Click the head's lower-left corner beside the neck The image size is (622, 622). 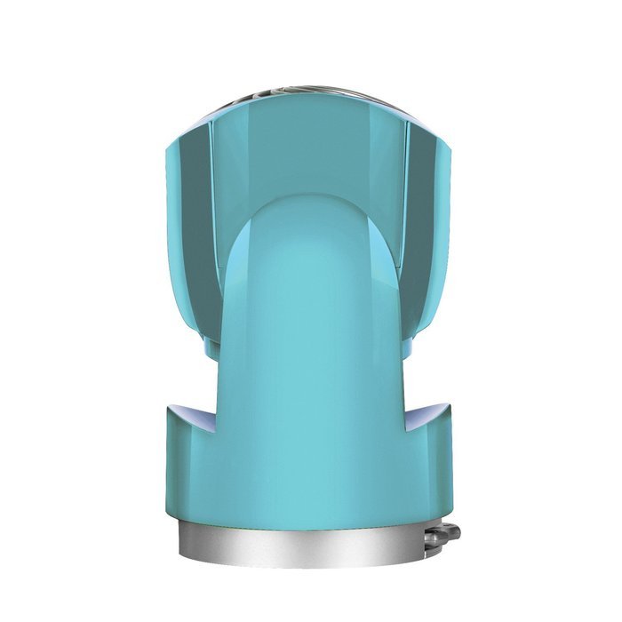pyautogui.click(x=213, y=342)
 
